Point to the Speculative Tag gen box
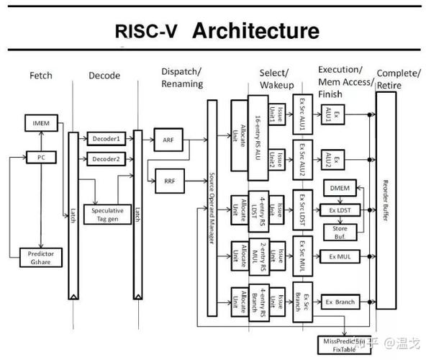point(107,214)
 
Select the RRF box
point(168,179)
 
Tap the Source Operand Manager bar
point(212,208)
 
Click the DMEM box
point(340,188)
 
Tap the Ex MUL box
point(340,256)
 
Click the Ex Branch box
point(340,302)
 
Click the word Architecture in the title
point(255,31)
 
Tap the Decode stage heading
point(104,76)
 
